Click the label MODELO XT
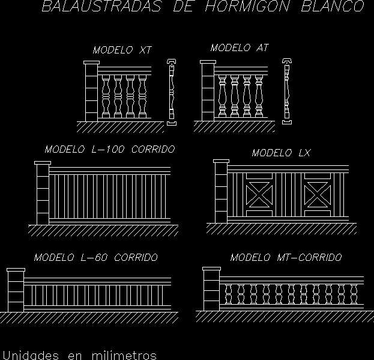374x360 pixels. pos(122,51)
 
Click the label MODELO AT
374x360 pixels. pos(239,48)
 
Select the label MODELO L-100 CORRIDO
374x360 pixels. pos(109,149)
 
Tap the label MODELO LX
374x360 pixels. pos(281,153)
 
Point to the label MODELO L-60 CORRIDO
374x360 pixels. pos(95,257)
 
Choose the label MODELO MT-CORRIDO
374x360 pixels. pos(286,257)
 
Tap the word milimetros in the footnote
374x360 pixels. pos(124,355)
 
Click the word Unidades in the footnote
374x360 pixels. pos(30,355)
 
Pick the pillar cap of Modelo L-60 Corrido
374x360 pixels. pos(16,270)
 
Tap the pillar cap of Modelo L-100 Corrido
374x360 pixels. pos(43,163)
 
